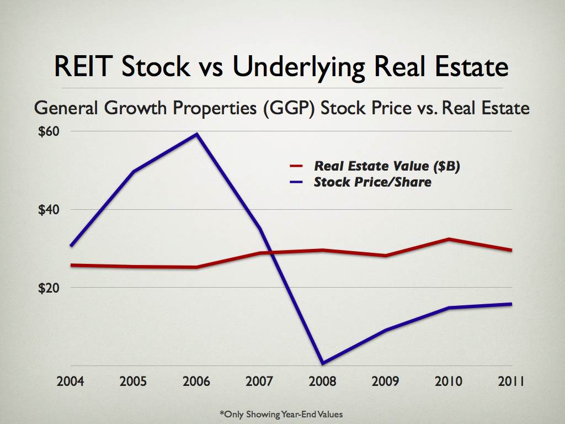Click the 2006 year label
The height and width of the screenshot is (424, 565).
pos(196,382)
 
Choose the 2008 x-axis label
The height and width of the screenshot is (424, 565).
pos(322,382)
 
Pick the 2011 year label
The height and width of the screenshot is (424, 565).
pos(510,382)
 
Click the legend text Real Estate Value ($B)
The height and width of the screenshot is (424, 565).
pos(387,166)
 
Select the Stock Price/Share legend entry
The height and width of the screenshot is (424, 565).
pos(372,182)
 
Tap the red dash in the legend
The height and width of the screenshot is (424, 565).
pos(296,166)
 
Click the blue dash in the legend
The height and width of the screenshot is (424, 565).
pos(296,182)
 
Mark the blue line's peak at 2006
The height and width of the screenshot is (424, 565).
pos(196,134)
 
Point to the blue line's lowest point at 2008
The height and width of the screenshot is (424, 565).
pos(322,363)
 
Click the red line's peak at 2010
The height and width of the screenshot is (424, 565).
pos(449,239)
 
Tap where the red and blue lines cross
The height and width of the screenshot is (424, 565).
pos(264,253)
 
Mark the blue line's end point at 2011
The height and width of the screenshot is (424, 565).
pos(511,304)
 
